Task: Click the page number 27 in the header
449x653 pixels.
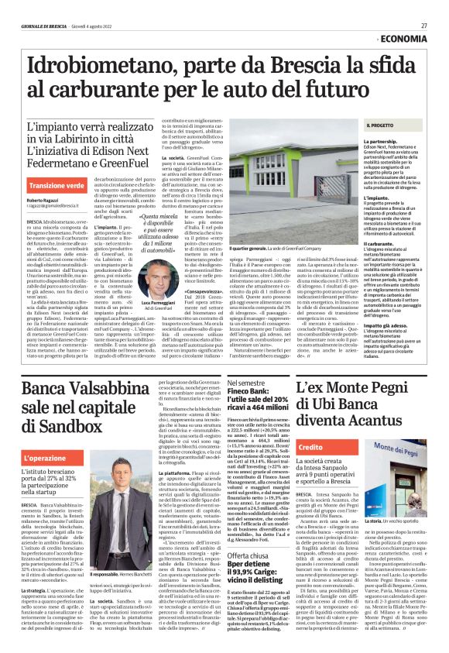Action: [424, 26]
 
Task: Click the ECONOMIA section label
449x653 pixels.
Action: [401, 38]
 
